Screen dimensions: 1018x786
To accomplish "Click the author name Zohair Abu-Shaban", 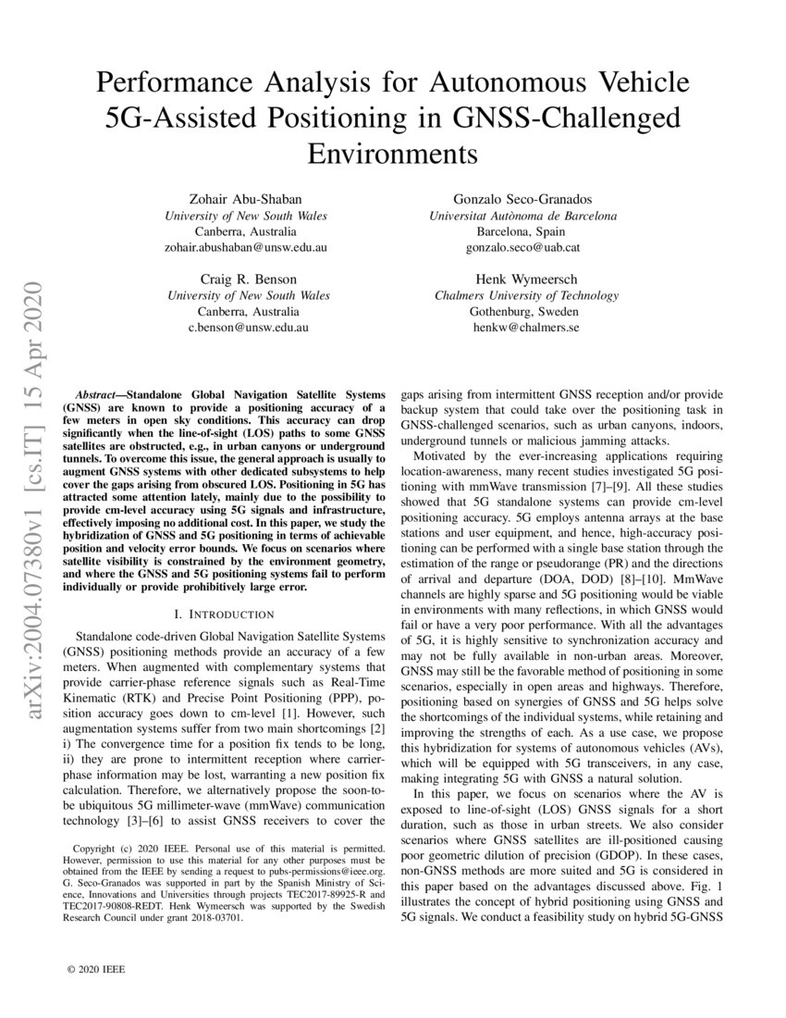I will [246, 199].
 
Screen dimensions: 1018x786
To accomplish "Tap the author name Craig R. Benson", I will [246, 279].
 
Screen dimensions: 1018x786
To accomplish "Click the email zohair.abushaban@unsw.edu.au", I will [246, 248].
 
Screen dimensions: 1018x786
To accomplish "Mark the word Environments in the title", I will [392, 152].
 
